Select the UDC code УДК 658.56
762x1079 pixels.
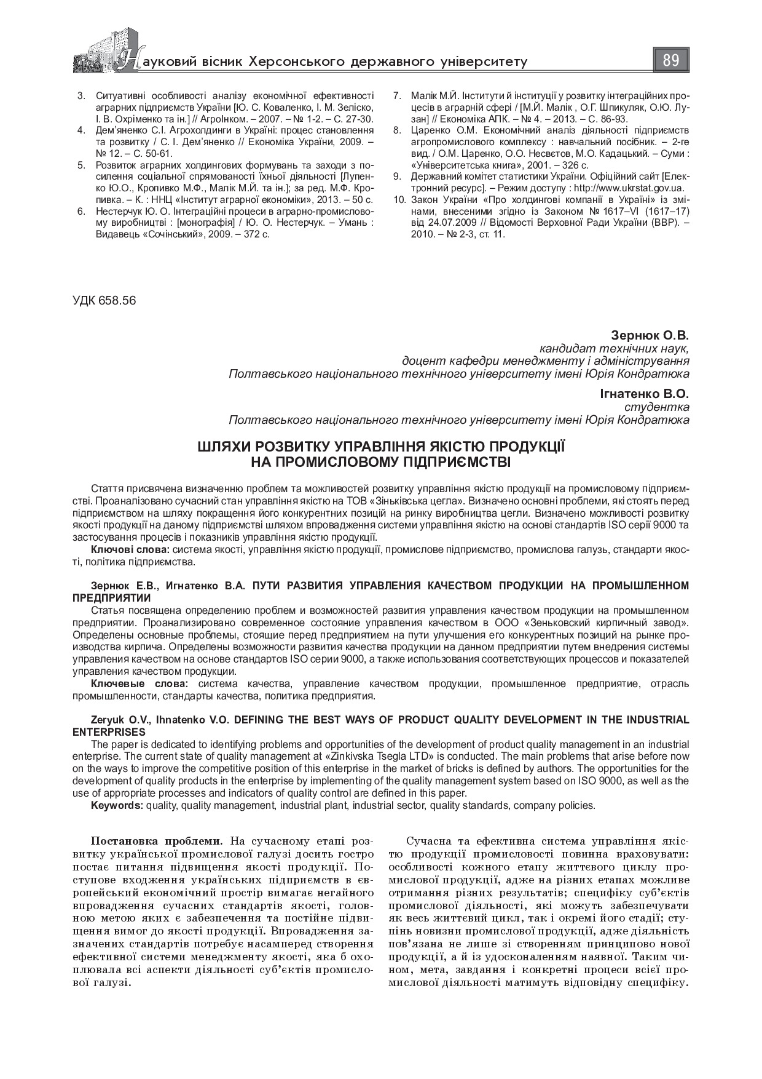tap(104, 301)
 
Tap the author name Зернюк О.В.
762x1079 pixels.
tap(650, 336)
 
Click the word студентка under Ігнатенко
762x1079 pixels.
tap(664, 407)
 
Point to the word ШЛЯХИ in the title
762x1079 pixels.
tap(223, 445)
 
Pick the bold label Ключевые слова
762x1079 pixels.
tap(136, 684)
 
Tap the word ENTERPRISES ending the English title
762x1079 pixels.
tap(109, 732)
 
